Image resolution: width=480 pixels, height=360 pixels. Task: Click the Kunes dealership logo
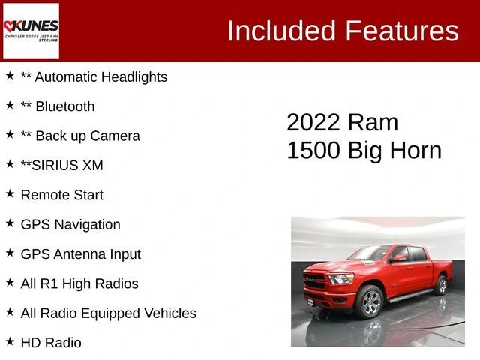[31, 31]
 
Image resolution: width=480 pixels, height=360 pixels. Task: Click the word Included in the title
[281, 31]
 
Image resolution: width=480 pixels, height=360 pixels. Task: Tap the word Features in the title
[402, 31]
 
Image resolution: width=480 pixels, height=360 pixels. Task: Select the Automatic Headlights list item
[94, 76]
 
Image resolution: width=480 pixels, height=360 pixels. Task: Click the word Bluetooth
[65, 106]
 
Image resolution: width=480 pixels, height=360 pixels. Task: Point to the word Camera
[115, 136]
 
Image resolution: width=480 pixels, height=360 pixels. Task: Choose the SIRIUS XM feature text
[61, 165]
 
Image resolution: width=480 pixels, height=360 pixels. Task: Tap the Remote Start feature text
[62, 195]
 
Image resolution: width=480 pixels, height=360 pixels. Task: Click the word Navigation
[88, 224]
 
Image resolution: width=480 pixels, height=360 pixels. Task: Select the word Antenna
[80, 254]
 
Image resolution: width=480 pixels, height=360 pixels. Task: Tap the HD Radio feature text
[51, 343]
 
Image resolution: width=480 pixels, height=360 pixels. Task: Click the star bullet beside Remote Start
[10, 193]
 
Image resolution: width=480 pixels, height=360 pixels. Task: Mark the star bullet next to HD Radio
[10, 341]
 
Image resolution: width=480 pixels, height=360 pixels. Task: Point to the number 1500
[313, 150]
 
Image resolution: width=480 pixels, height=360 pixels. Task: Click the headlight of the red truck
[341, 278]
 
